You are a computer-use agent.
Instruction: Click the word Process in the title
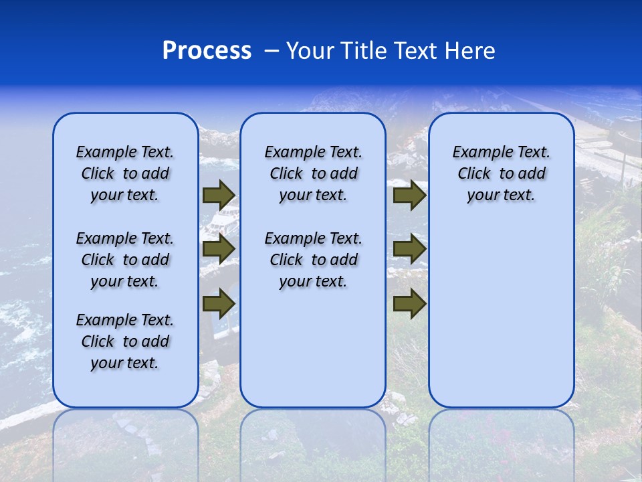(x=207, y=51)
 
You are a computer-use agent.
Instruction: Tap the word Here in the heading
(x=468, y=51)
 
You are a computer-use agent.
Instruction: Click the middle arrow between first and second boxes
(x=219, y=250)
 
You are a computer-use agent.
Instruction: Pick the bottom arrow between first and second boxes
(x=219, y=304)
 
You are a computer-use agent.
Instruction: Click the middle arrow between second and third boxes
(x=409, y=250)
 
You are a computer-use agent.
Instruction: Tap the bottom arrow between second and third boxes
(x=409, y=304)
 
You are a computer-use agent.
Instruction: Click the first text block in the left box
(x=125, y=173)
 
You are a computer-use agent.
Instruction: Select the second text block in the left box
(x=125, y=260)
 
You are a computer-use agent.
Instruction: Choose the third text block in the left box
(x=125, y=341)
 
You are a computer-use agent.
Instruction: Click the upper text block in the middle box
(x=313, y=173)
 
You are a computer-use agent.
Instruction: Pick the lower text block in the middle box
(x=313, y=260)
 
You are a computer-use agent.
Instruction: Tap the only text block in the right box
(x=501, y=173)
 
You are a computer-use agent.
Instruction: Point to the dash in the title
(x=272, y=51)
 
